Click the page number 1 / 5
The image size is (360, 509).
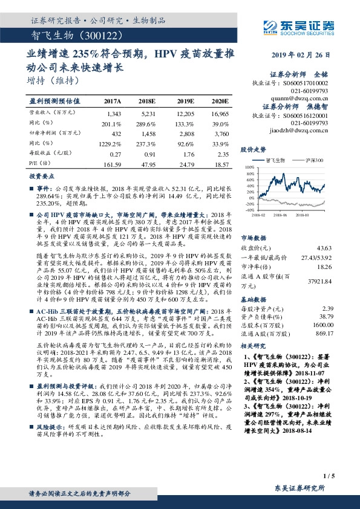[329, 477]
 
